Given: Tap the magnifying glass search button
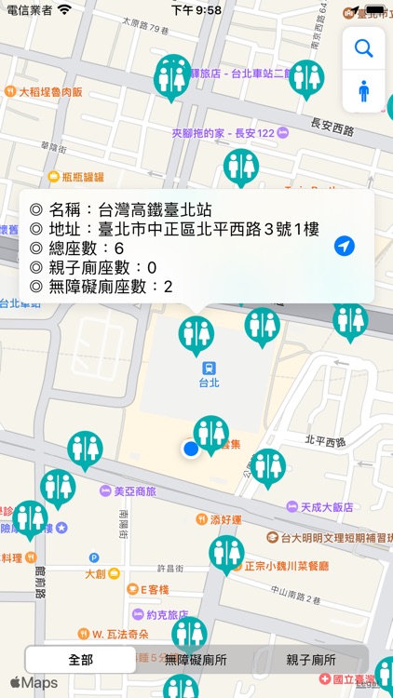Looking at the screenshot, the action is [363, 48].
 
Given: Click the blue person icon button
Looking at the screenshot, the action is [363, 91].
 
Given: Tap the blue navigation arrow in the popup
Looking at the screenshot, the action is [345, 246].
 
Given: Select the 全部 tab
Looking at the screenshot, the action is [80, 659].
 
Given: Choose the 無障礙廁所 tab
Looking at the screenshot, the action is [196, 659].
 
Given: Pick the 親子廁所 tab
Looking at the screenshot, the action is [311, 659].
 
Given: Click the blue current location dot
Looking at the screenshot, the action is [191, 450].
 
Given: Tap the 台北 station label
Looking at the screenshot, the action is [209, 382].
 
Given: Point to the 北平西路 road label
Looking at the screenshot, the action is [325, 440].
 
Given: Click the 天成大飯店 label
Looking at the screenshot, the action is [326, 507].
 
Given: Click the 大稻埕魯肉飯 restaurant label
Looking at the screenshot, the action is [51, 92].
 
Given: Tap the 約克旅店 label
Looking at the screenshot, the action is [168, 614].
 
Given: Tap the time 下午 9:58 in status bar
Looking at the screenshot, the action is [196, 9].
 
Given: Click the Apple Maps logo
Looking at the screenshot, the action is [34, 683].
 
